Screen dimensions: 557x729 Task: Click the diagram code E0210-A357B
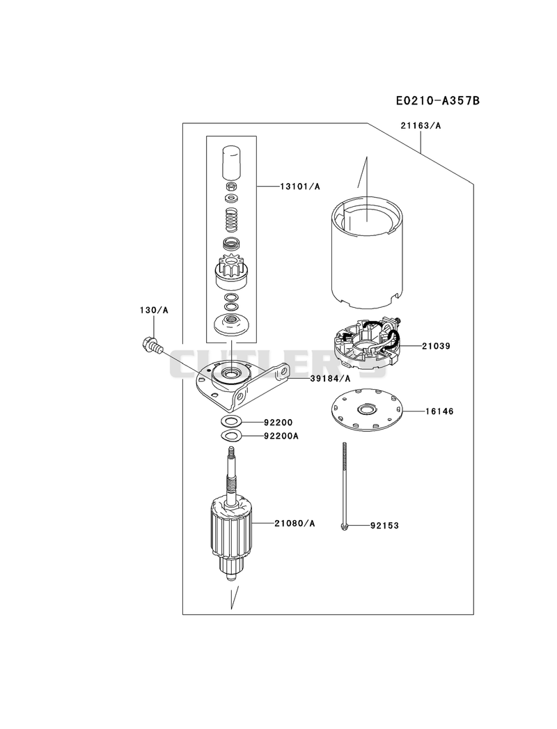point(437,100)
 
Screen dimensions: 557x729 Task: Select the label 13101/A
point(300,187)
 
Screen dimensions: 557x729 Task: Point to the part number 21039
point(436,346)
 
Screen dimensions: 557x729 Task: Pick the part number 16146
point(439,411)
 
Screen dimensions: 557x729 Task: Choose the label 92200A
point(281,436)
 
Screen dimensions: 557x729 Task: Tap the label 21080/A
point(295,524)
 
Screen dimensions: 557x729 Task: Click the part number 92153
point(384,526)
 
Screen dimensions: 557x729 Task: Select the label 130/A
point(154,310)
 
